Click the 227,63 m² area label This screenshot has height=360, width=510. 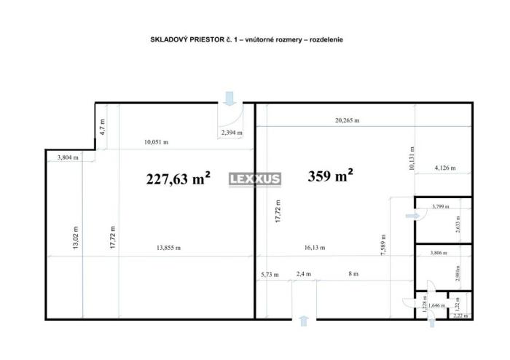coord(178,179)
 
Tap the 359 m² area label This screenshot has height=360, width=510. coord(330,176)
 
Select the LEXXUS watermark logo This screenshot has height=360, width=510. coord(255,179)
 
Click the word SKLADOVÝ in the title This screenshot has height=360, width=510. coord(169,39)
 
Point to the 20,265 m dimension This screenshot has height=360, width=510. coord(347,120)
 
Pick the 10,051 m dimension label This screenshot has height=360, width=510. coord(156,142)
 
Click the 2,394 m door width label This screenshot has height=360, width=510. coord(232,133)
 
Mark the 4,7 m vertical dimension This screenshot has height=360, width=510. coord(103,127)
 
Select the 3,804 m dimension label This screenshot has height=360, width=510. coord(68,157)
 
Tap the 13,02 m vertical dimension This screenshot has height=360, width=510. coord(76,238)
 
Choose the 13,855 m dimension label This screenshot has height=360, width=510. coord(168,248)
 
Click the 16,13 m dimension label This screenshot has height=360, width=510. coord(315,248)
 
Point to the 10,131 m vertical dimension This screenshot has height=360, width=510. coord(412,158)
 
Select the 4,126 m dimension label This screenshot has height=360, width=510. coord(445,168)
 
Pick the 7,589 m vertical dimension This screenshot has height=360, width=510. coord(383,245)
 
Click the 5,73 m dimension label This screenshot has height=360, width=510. coord(270,275)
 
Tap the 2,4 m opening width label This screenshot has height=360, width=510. coord(304,274)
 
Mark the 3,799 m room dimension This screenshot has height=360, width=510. coord(440,206)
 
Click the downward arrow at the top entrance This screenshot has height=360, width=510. coord(230,98)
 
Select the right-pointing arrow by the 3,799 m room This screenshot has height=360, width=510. coord(413,216)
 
